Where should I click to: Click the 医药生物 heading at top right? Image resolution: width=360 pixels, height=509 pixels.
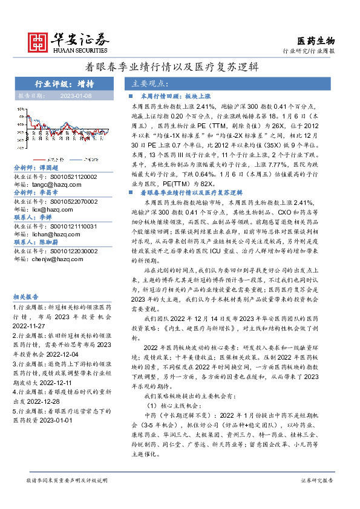316,41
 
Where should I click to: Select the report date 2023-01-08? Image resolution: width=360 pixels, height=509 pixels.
76,96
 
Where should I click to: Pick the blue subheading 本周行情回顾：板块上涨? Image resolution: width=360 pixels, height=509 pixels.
171,96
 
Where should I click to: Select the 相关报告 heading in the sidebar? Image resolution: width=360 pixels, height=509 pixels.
27,297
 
